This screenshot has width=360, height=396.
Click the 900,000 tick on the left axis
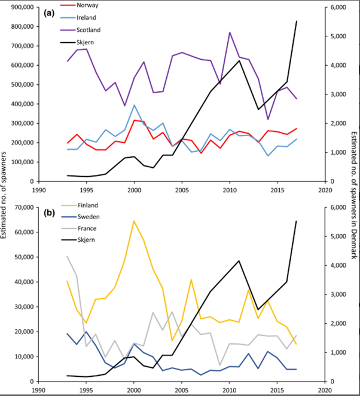(19, 7)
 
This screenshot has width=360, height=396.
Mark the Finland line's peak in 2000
(134, 221)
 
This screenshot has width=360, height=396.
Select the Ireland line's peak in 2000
(134, 105)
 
